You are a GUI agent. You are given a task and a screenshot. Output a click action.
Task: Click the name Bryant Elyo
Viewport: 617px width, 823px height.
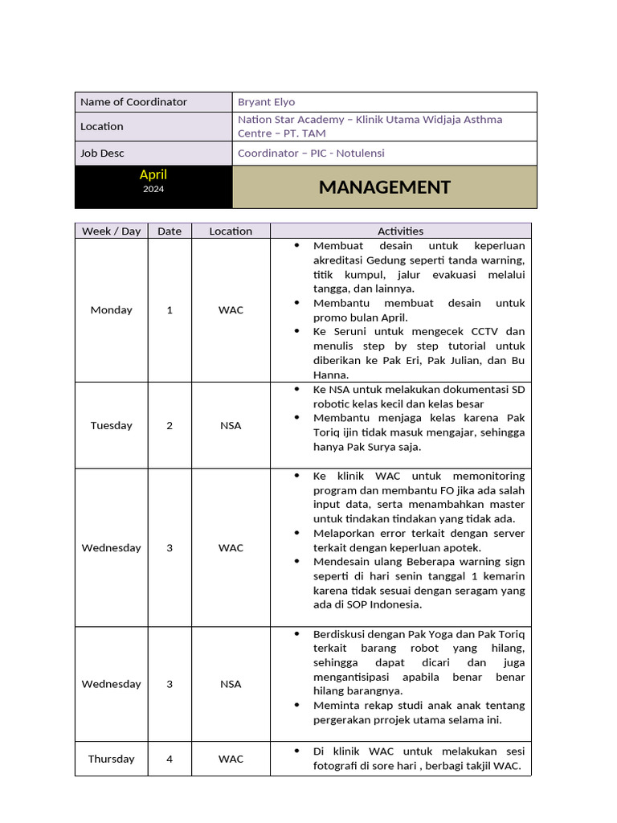tap(266, 102)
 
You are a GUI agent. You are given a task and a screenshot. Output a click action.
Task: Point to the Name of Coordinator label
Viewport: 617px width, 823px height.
tap(133, 102)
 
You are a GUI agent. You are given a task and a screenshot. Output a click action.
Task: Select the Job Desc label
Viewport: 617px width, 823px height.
tap(102, 153)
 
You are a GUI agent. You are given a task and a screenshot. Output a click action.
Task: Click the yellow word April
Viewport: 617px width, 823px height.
tap(153, 174)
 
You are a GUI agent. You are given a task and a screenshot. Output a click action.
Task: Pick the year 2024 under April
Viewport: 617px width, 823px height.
tap(153, 189)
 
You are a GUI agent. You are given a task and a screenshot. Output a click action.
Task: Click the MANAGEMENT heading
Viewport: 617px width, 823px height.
tap(384, 187)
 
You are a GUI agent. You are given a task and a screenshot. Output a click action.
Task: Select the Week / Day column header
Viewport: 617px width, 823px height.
tap(111, 231)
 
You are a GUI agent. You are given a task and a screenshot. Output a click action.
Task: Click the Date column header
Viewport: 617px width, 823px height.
tap(170, 231)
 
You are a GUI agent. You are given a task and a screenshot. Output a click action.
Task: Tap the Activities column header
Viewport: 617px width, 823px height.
tap(400, 231)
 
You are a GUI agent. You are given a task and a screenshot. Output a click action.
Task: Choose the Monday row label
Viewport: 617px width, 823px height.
tap(111, 309)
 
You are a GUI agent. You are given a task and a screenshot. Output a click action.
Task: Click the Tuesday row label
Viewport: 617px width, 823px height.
tap(111, 425)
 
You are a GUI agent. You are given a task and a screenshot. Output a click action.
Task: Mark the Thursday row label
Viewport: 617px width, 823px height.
tap(111, 759)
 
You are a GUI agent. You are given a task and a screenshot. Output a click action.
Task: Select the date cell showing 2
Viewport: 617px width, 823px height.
tap(170, 425)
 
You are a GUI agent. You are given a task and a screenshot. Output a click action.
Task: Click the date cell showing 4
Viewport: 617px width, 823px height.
tap(170, 759)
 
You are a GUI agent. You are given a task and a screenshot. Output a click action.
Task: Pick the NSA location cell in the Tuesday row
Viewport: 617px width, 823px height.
tap(231, 425)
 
